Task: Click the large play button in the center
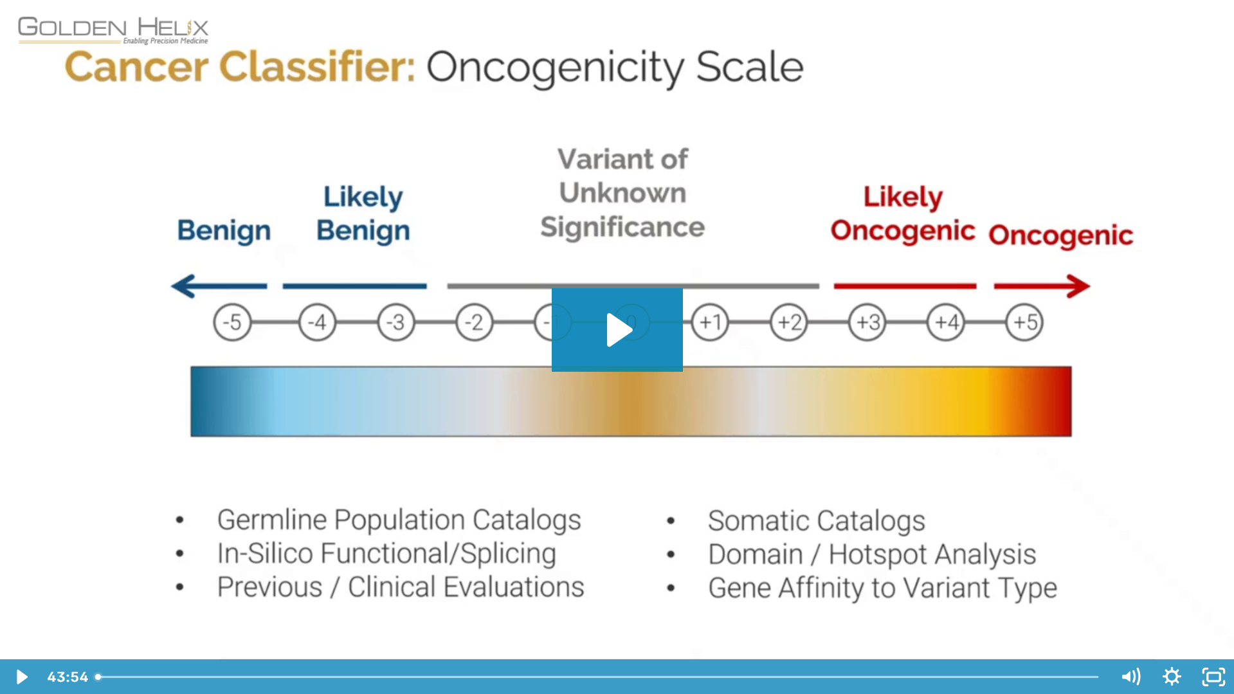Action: pyautogui.click(x=617, y=329)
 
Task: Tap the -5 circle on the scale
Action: pyautogui.click(x=232, y=322)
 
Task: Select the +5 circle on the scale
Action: pyautogui.click(x=1024, y=322)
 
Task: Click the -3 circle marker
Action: pyautogui.click(x=396, y=322)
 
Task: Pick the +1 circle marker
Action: pyautogui.click(x=710, y=322)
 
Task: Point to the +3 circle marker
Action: pyautogui.click(x=867, y=322)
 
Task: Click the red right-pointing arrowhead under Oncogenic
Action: pyautogui.click(x=1078, y=286)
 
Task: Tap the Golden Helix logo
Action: pyautogui.click(x=113, y=30)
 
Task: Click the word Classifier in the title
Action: pyautogui.click(x=317, y=67)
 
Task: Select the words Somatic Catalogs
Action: pyautogui.click(x=816, y=520)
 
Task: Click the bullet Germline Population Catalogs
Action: pyautogui.click(x=399, y=520)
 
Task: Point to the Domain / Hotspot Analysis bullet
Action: pyautogui.click(x=871, y=554)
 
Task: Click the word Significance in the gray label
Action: pyautogui.click(x=622, y=227)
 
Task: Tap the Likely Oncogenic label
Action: pyautogui.click(x=902, y=214)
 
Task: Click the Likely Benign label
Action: pyautogui.click(x=363, y=214)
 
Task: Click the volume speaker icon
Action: pyautogui.click(x=1130, y=677)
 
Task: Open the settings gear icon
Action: pyautogui.click(x=1172, y=677)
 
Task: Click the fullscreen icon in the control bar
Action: pyautogui.click(x=1213, y=677)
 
